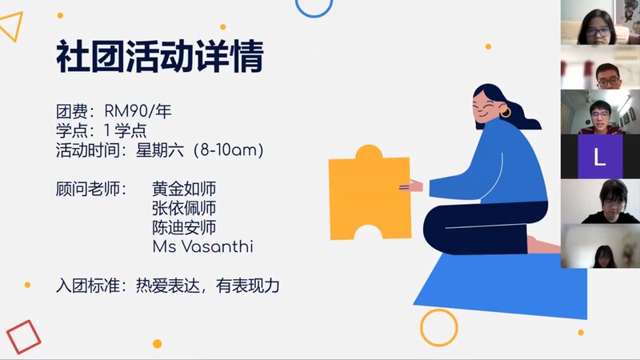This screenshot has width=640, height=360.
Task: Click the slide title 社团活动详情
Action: [159, 56]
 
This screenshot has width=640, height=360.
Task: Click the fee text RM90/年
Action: [138, 111]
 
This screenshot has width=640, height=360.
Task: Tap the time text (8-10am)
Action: [229, 150]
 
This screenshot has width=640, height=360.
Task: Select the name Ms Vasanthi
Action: [203, 246]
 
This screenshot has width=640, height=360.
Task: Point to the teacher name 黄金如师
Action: [184, 189]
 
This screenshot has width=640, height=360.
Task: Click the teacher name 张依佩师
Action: [184, 208]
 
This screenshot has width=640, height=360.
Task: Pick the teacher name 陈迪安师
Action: [184, 227]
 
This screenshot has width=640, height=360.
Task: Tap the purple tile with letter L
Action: [600, 157]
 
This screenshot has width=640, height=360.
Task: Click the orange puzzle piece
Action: [370, 194]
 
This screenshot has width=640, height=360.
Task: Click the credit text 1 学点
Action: [126, 130]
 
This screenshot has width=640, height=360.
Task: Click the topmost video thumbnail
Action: [600, 22]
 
